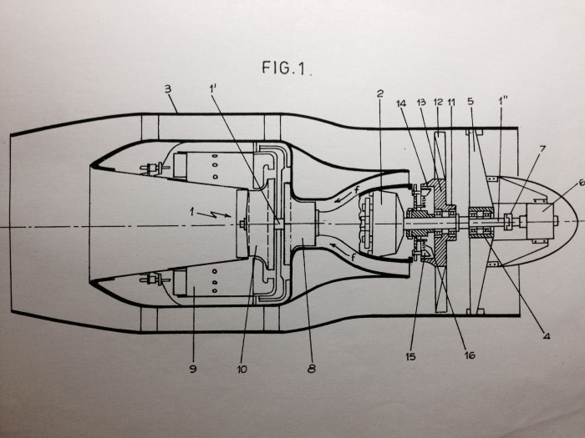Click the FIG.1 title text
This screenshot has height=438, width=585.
click(286, 68)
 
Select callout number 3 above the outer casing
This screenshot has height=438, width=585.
click(168, 89)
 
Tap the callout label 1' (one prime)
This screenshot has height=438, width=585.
click(213, 88)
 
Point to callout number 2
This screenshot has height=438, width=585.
click(380, 93)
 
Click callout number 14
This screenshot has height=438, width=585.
click(401, 103)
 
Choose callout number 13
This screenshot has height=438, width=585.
click(421, 102)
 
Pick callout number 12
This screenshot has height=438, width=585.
click(438, 102)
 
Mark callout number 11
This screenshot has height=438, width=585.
click(451, 102)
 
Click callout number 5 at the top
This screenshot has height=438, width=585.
click(471, 101)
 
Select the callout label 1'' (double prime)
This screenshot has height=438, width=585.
click(503, 101)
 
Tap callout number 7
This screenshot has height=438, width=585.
click(542, 149)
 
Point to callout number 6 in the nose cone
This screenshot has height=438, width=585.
click(581, 183)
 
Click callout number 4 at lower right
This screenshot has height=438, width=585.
click(547, 336)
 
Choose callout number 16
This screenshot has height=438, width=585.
click(470, 355)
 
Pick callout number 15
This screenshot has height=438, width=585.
click(410, 356)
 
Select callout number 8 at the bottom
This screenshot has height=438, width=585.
click(312, 369)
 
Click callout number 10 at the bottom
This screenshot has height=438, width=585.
click(242, 369)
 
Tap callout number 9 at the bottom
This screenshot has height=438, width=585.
click(193, 369)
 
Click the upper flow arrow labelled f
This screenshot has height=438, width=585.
click(345, 196)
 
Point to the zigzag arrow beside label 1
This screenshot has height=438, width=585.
click(214, 214)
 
